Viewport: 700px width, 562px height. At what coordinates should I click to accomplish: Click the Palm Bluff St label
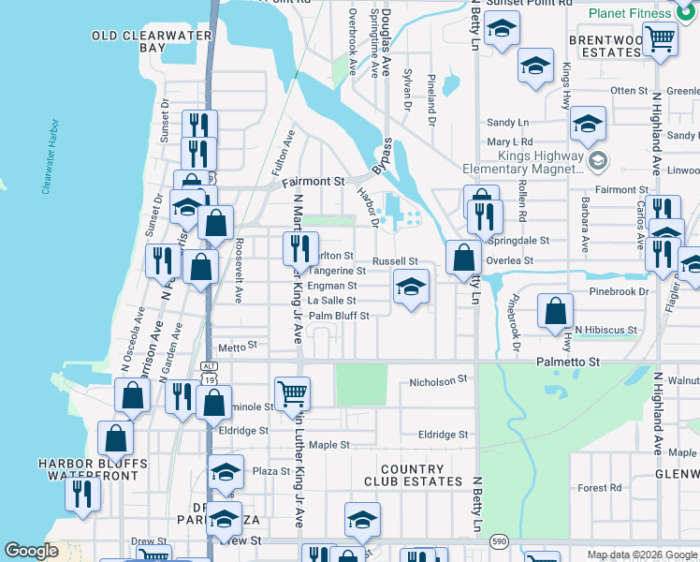click(340, 316)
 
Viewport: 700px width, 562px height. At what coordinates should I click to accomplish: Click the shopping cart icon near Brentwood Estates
click(661, 38)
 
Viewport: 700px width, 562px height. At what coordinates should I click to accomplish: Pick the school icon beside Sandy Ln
click(588, 123)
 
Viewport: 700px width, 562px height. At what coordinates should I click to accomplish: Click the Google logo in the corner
click(32, 551)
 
